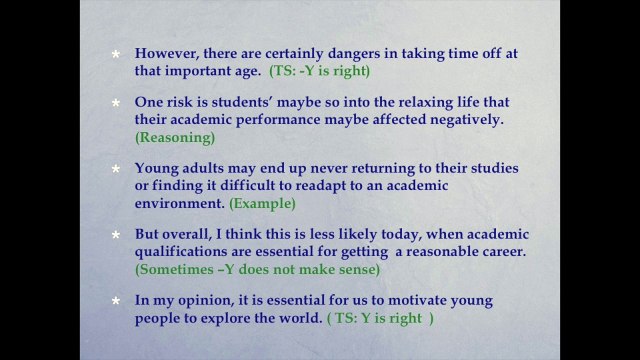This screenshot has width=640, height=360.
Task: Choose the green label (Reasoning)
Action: [175, 137]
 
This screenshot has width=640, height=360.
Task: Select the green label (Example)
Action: [262, 203]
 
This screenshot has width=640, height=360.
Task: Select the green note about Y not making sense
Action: [258, 269]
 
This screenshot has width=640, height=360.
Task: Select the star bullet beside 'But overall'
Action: [116, 235]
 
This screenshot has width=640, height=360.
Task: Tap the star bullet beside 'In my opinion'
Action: [116, 301]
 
